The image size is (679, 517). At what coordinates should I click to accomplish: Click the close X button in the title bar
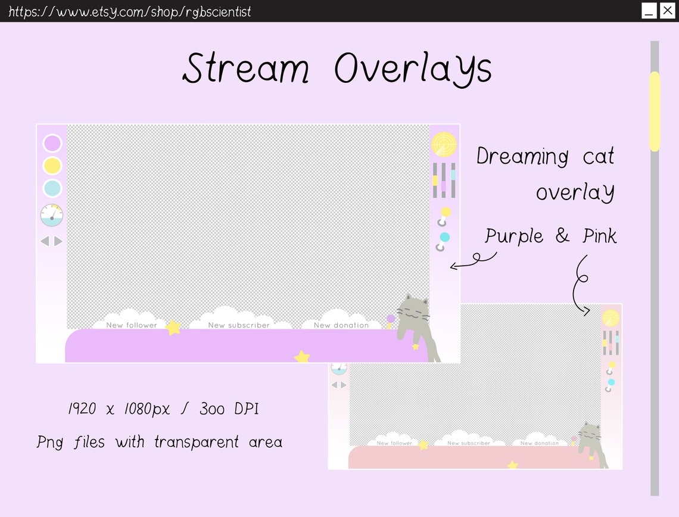tap(667, 11)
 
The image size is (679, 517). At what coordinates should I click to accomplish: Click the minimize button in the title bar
tap(649, 11)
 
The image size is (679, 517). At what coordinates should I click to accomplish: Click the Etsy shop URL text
tap(130, 11)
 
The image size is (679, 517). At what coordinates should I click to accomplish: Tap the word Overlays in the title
tap(413, 68)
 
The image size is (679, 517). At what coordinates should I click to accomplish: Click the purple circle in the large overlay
tap(52, 144)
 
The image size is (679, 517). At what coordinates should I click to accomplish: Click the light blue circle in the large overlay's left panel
tap(52, 188)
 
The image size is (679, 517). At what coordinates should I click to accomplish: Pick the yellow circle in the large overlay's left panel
tap(52, 166)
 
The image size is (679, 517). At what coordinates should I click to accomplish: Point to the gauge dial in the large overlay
tap(52, 215)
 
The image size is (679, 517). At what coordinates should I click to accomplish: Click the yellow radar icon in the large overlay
tap(444, 144)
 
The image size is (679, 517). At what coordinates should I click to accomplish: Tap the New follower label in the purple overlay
tap(132, 325)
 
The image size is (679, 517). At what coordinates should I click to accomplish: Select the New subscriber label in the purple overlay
tap(239, 325)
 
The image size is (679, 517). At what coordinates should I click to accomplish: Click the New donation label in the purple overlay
tap(341, 325)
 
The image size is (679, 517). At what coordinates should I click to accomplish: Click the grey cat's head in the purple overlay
tap(413, 310)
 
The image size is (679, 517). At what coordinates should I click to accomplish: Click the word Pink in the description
tap(599, 236)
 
